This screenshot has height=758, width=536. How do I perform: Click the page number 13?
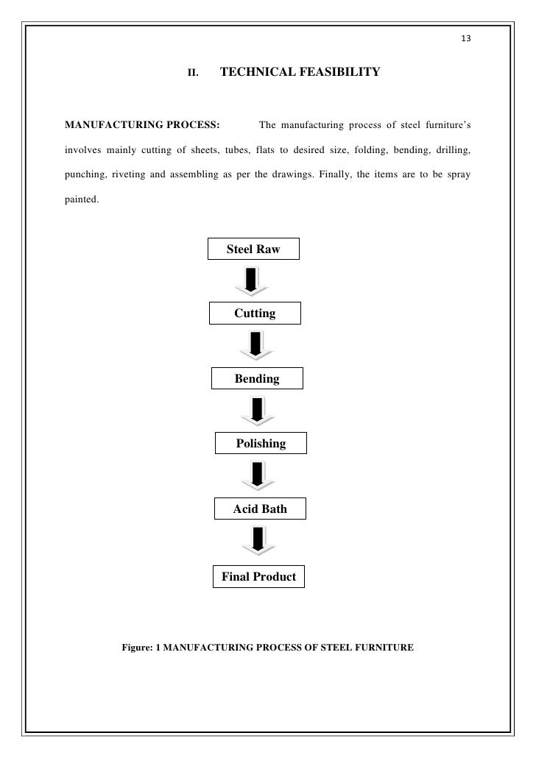click(x=465, y=39)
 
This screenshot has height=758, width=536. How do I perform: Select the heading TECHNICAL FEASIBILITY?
click(x=300, y=72)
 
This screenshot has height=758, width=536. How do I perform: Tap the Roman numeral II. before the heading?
click(x=194, y=73)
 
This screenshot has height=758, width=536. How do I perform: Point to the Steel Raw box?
click(x=254, y=249)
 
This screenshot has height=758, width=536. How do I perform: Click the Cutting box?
click(x=255, y=314)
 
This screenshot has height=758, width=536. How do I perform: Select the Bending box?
click(x=256, y=379)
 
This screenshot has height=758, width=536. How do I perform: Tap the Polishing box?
click(x=260, y=444)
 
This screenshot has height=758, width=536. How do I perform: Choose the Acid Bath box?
click(x=259, y=509)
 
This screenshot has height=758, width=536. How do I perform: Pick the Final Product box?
click(x=258, y=576)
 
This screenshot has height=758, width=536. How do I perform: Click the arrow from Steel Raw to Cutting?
click(x=251, y=280)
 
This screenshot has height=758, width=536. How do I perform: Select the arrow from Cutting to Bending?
click(x=255, y=345)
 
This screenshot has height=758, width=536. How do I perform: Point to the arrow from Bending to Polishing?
click(x=257, y=411)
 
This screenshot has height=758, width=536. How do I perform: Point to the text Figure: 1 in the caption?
click(x=140, y=648)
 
